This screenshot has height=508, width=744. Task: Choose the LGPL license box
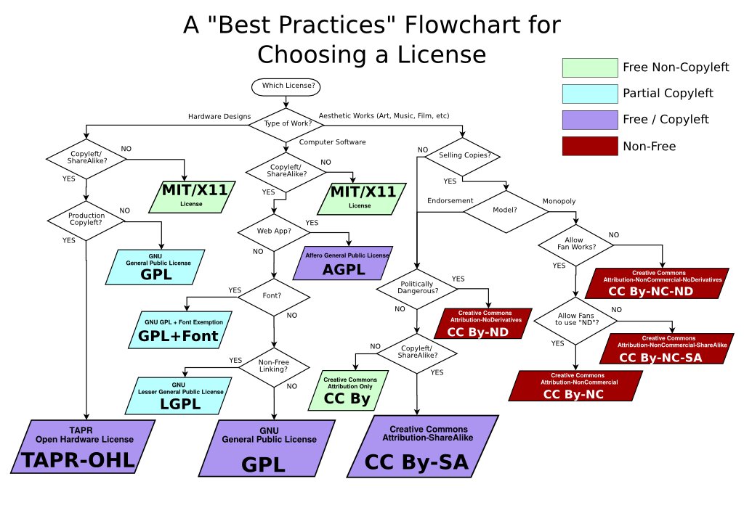[182, 396]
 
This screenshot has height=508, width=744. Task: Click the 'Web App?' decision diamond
[273, 233]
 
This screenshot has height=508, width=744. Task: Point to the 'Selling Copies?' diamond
[463, 155]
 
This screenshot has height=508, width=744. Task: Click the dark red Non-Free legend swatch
[589, 146]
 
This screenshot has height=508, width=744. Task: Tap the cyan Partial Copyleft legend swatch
[589, 93]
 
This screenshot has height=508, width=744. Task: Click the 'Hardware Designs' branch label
[219, 116]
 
